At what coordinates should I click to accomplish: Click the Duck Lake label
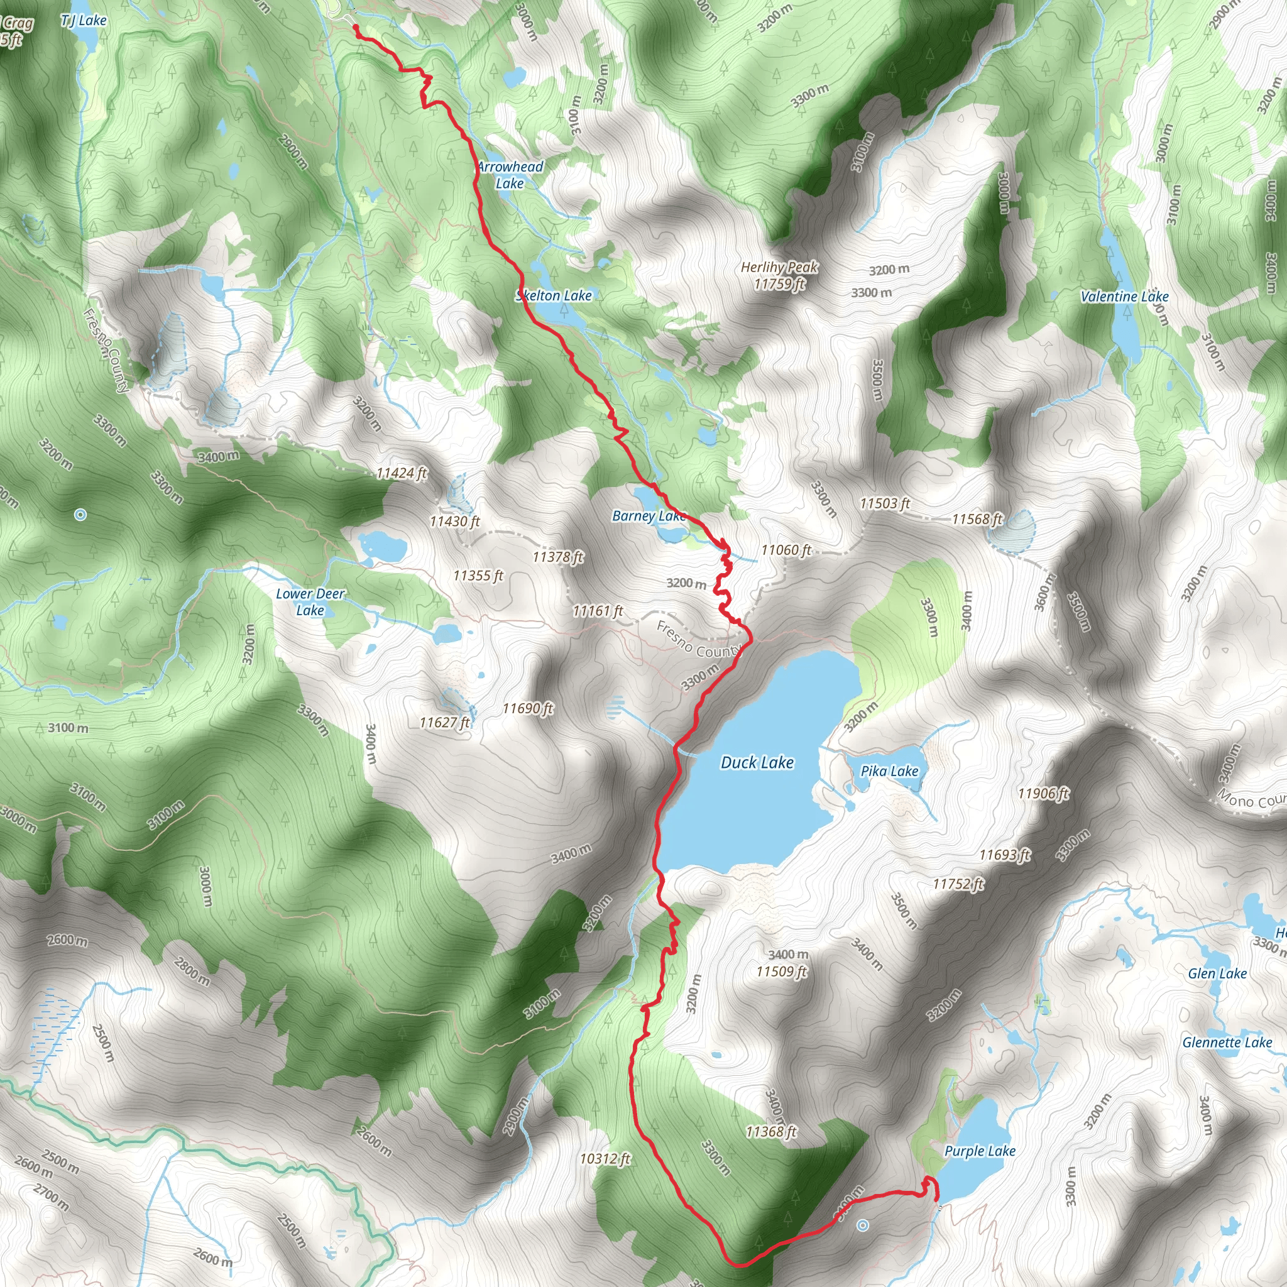point(757,763)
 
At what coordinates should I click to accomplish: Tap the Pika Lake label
point(889,772)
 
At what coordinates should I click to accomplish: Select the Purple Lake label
point(979,1151)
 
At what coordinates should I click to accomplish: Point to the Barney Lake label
point(648,517)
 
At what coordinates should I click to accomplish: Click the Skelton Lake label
point(554,296)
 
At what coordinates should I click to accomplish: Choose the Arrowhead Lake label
point(510,175)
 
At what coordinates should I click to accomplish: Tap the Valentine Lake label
point(1124,297)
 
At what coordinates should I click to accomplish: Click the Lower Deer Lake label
point(310,601)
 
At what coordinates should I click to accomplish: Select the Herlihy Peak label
point(779,276)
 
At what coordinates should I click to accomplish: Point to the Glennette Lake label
point(1227,1043)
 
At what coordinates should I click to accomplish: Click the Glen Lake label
point(1217,974)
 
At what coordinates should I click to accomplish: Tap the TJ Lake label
point(84,21)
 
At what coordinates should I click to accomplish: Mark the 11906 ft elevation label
point(1043,794)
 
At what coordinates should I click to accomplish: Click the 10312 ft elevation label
point(605,1158)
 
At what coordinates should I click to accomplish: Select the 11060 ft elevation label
point(786,550)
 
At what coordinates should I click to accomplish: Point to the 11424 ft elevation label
point(401,474)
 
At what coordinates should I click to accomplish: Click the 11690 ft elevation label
point(528,708)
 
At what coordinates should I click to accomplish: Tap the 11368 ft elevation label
point(772,1132)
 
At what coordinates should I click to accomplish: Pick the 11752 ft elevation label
point(958,884)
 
